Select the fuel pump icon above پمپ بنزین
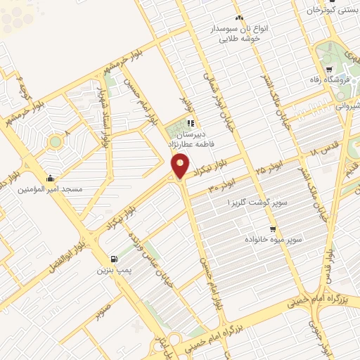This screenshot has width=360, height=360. click(115, 258)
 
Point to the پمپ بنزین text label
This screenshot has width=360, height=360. click(115, 269)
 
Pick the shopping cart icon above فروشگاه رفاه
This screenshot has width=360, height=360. click(329, 69)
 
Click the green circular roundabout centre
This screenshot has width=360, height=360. click(55, 143)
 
